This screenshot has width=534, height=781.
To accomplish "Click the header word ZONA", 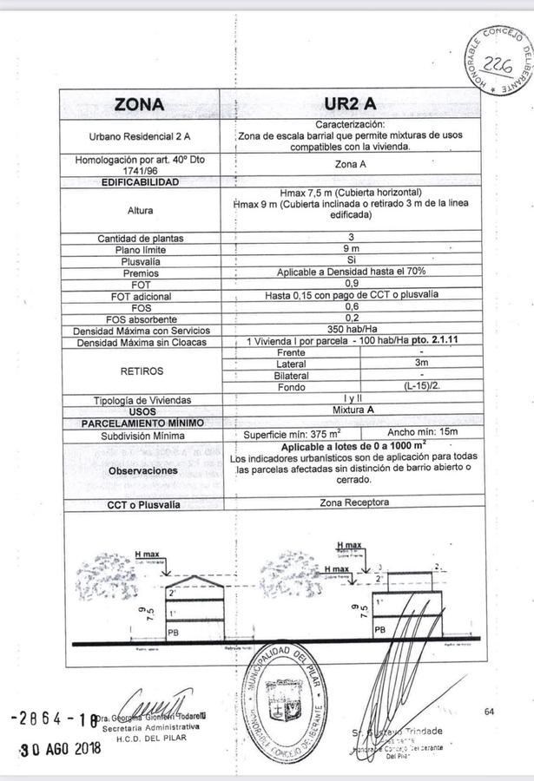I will point(139,104).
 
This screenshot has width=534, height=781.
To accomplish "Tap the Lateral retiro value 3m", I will point(422,363).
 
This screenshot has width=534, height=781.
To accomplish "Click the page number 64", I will point(490,712).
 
